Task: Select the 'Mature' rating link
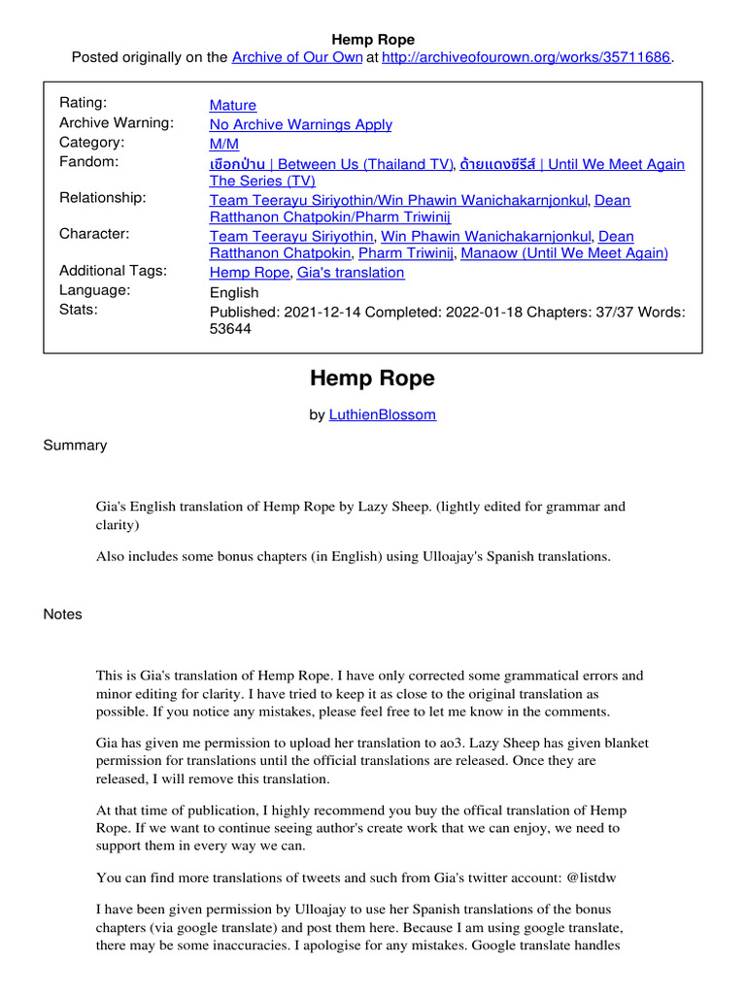pyautogui.click(x=233, y=105)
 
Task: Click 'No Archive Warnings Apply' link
pyautogui.click(x=301, y=124)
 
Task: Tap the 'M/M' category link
pyautogui.click(x=224, y=144)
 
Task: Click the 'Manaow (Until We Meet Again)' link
pyautogui.click(x=564, y=253)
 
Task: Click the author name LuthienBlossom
pyautogui.click(x=382, y=414)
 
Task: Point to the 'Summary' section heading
pyautogui.click(x=75, y=446)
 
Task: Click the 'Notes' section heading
pyautogui.click(x=63, y=614)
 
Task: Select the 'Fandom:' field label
pyautogui.click(x=89, y=161)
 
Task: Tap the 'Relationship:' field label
pyautogui.click(x=103, y=198)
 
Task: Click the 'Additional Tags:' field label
pyautogui.click(x=114, y=271)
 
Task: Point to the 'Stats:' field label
pyautogui.click(x=79, y=310)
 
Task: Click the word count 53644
pyautogui.click(x=230, y=329)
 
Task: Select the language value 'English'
pyautogui.click(x=234, y=292)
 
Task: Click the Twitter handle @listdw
pyautogui.click(x=586, y=878)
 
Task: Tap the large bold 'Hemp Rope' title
pyautogui.click(x=373, y=379)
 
